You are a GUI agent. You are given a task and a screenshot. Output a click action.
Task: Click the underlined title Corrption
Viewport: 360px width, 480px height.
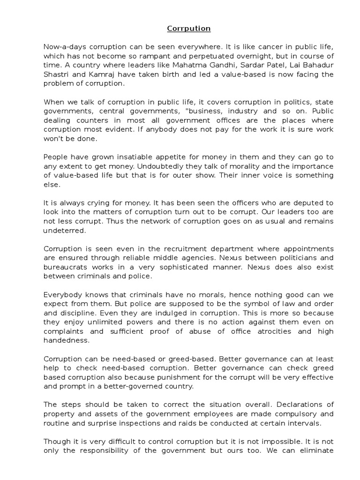click(x=189, y=29)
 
